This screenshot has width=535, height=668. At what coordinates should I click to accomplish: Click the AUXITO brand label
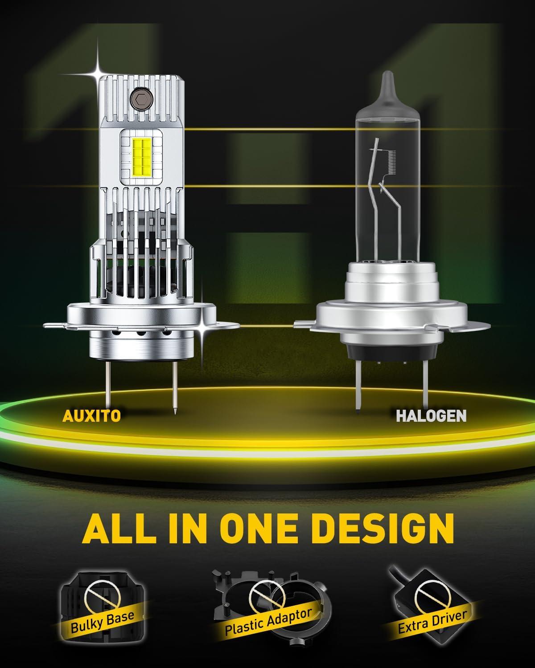pos(91,415)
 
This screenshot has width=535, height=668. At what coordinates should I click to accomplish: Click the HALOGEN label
pos(431,415)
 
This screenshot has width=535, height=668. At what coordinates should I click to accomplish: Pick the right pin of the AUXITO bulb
pos(174,388)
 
